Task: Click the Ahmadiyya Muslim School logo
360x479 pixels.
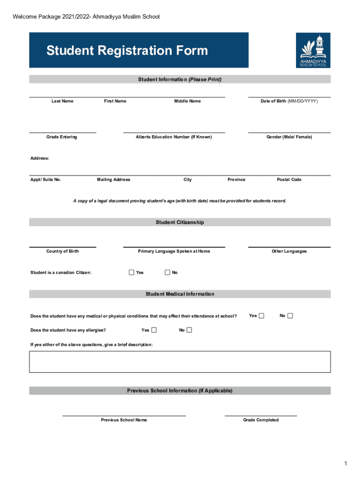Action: pos(313,50)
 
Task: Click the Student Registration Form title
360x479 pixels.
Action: pos(127,51)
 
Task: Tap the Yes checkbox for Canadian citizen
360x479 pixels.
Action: pos(131,272)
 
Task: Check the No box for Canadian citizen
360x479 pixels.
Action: pos(167,272)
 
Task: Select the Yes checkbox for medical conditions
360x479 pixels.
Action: pos(261,316)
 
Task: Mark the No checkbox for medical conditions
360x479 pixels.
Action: pos(290,316)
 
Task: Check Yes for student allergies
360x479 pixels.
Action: pos(154,330)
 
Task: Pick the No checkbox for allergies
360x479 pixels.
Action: pos(189,330)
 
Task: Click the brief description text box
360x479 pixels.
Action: pos(180,362)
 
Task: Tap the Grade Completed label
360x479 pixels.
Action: pos(260,420)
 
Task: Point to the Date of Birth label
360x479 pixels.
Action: pos(289,101)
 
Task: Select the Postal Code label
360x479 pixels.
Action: pos(289,180)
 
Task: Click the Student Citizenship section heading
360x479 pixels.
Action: pos(180,222)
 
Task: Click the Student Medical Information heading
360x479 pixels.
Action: pos(180,294)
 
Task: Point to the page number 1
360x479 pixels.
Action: pos(345,464)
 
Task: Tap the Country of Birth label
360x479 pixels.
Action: pos(63,251)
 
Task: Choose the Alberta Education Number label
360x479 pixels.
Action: pos(174,137)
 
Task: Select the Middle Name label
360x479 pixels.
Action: pos(187,101)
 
